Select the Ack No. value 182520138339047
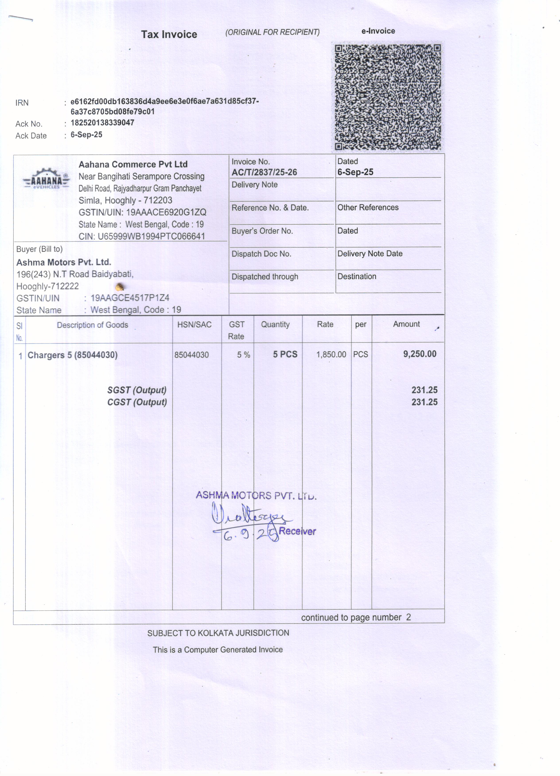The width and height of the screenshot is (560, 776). click(x=102, y=123)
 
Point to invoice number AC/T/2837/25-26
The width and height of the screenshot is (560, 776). click(x=264, y=172)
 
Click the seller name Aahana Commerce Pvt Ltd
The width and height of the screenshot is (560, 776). click(x=133, y=165)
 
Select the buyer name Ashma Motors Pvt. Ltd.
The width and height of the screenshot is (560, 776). click(x=64, y=262)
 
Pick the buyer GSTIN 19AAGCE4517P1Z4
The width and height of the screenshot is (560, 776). click(x=130, y=298)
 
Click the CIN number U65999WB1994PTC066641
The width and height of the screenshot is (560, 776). click(x=151, y=236)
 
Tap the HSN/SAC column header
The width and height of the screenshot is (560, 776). click(x=194, y=325)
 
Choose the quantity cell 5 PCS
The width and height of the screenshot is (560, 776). click(x=285, y=354)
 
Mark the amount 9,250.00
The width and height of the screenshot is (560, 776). click(x=420, y=354)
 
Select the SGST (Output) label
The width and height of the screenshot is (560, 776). click(x=137, y=390)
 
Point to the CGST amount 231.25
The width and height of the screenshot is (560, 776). click(x=424, y=402)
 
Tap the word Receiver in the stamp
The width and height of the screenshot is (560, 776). click(x=297, y=531)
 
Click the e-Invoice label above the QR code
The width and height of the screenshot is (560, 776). click(x=378, y=31)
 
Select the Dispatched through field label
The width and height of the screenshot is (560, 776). click(x=265, y=277)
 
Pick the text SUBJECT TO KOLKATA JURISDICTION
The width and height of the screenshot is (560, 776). click(x=218, y=633)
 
